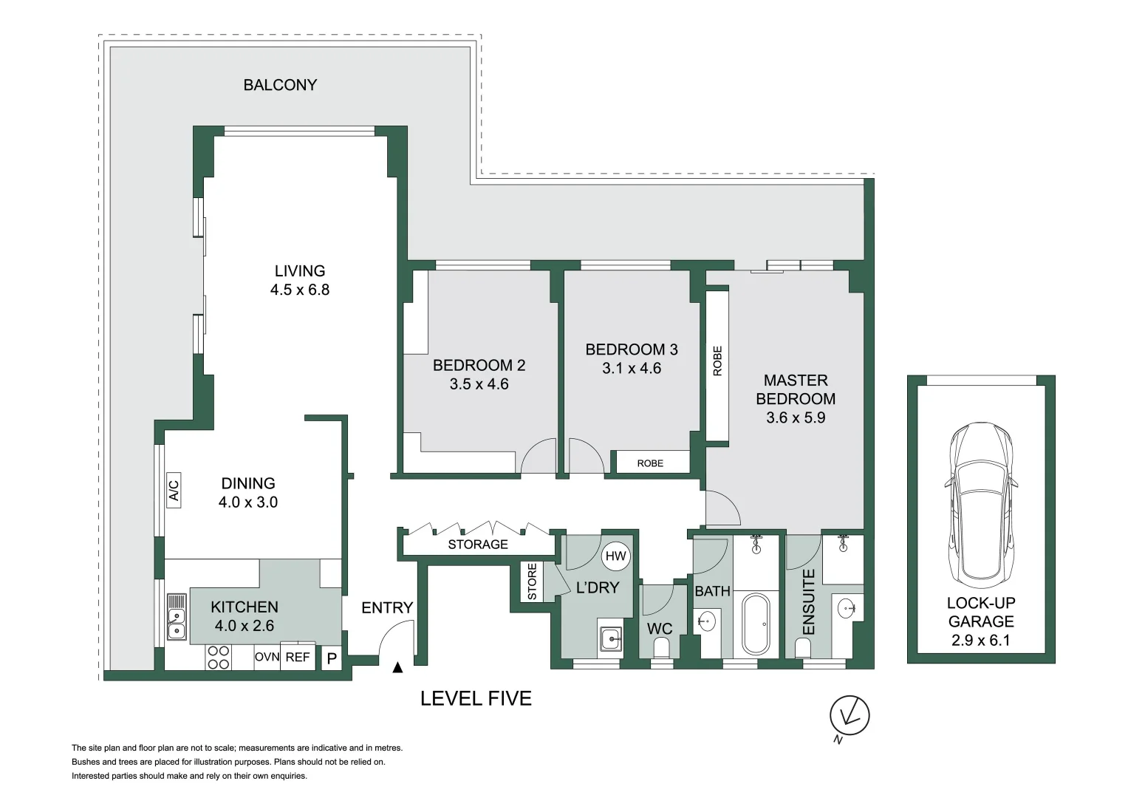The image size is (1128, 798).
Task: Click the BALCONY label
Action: tap(280, 85)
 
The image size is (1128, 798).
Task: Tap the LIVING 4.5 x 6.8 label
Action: tap(300, 280)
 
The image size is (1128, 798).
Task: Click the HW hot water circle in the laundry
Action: tap(616, 556)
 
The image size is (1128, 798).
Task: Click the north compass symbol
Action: tap(850, 715)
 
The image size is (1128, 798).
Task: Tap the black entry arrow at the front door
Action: tap(398, 668)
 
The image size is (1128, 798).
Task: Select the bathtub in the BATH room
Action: tap(755, 624)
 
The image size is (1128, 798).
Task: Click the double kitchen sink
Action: tap(177, 616)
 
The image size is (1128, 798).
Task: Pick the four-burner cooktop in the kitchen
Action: tap(219, 657)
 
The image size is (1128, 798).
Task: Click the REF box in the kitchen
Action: tap(298, 656)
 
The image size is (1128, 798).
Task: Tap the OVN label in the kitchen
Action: tap(267, 657)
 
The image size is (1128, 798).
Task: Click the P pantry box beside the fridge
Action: tap(332, 658)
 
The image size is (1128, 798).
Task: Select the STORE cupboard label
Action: tap(533, 582)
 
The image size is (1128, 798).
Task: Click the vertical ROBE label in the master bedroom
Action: tap(717, 361)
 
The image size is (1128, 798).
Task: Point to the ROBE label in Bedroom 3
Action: tap(650, 463)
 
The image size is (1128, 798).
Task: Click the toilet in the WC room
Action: tap(662, 649)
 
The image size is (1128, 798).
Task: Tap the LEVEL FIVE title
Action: tap(476, 698)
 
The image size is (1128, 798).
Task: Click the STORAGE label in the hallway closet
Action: tap(478, 545)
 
